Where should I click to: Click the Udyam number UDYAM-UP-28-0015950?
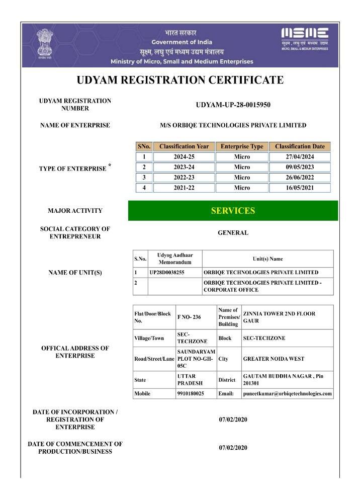tap(233, 105)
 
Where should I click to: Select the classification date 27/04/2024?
tap(300, 157)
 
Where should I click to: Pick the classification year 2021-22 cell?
tap(184, 188)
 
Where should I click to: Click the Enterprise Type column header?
tap(242, 146)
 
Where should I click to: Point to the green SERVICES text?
tap(233, 211)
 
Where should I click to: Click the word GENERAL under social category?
tap(233, 233)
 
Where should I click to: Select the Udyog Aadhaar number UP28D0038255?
tap(167, 272)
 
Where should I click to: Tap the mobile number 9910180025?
tap(191, 393)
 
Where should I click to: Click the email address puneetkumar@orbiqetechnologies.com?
tap(287, 393)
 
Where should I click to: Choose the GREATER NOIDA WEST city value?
tap(273, 359)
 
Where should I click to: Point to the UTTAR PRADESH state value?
tap(191, 380)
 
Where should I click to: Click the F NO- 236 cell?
tap(189, 317)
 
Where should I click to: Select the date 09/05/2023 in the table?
tap(300, 167)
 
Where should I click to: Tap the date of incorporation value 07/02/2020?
tap(233, 420)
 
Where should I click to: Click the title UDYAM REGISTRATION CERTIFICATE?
tap(180, 80)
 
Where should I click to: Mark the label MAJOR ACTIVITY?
tap(75, 211)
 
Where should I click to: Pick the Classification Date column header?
tap(300, 146)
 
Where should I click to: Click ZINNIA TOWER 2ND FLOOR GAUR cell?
tap(279, 317)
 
